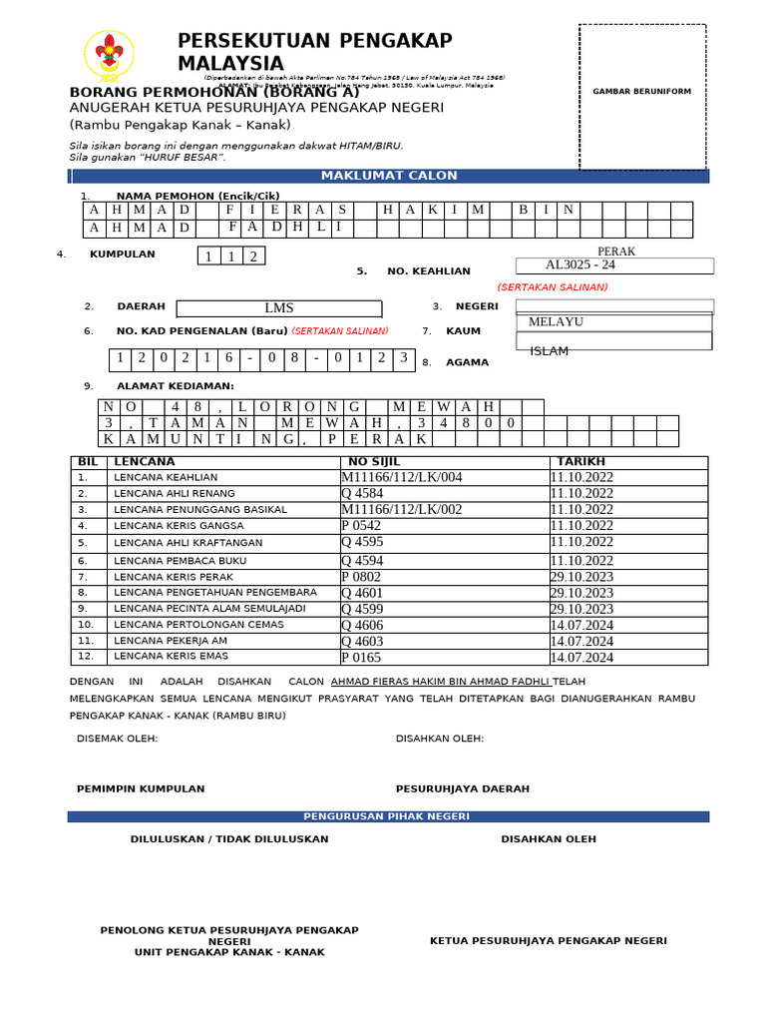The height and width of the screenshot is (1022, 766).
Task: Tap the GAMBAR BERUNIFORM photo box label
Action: coord(641,92)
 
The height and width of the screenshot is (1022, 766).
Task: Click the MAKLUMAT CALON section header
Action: coord(389,176)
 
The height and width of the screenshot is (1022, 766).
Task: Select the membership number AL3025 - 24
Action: coord(580,265)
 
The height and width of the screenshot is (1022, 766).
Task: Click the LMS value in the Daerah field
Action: coord(279,308)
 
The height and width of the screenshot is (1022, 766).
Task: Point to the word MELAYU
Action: coord(556,322)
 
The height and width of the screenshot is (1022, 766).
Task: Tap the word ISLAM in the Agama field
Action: coord(549,351)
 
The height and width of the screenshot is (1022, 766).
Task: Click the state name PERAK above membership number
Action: coord(615,252)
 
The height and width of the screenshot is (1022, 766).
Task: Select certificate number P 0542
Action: coord(360,526)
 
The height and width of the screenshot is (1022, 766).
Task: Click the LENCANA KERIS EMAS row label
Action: coord(171,657)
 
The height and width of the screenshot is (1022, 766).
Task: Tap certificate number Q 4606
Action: coord(362,626)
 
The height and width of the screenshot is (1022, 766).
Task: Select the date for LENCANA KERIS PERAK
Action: coord(581,577)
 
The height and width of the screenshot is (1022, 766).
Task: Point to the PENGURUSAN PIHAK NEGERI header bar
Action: coord(389,816)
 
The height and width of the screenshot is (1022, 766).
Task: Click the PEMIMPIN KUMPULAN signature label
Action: coord(141,788)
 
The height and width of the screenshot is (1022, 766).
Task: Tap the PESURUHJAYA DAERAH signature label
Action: coord(463,788)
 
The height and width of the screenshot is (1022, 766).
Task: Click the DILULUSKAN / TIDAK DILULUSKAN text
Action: coord(229,839)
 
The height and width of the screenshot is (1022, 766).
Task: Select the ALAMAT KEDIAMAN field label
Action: coord(176,386)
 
